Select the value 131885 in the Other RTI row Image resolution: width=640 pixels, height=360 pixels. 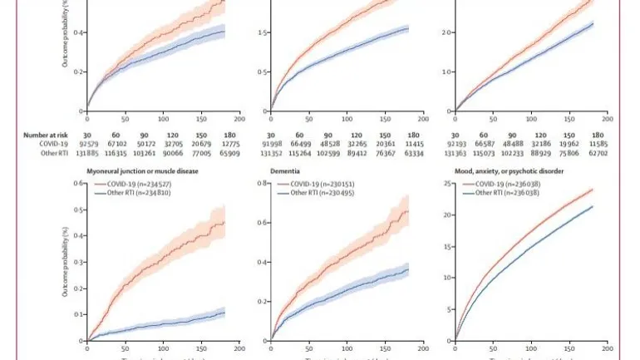pos(86,153)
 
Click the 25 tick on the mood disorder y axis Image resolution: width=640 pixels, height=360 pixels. pos(448,184)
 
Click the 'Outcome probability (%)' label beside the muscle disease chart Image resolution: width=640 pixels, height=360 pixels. pos(64,264)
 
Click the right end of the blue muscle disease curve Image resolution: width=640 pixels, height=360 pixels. pos(224,313)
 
